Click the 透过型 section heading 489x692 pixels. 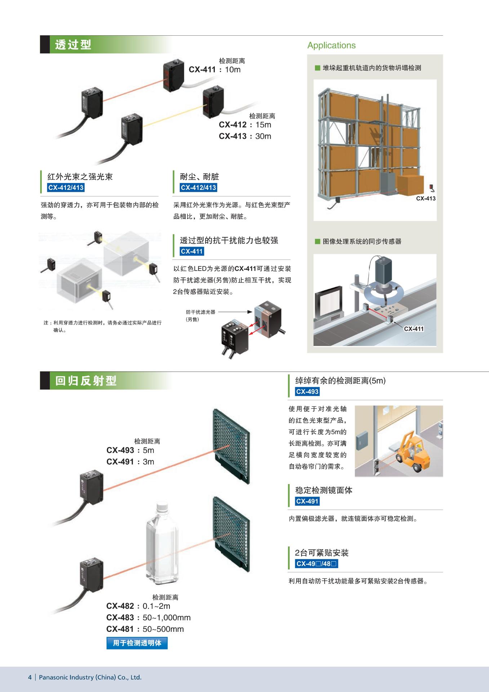73,45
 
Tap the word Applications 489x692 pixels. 331,45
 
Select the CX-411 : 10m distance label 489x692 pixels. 214,70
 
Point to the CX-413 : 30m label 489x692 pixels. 245,136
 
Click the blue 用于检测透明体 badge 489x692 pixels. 137,643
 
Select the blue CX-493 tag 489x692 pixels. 307,392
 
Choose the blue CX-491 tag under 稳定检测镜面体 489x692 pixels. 307,501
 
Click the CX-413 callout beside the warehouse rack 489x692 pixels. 426,198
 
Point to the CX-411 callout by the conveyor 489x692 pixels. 414,329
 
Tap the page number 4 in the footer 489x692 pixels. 30,677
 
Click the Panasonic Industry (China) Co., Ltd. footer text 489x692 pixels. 90,677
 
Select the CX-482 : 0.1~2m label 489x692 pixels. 138,606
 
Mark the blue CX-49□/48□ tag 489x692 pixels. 316,564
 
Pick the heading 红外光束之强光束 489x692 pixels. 80,177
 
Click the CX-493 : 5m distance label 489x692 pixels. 130,450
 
